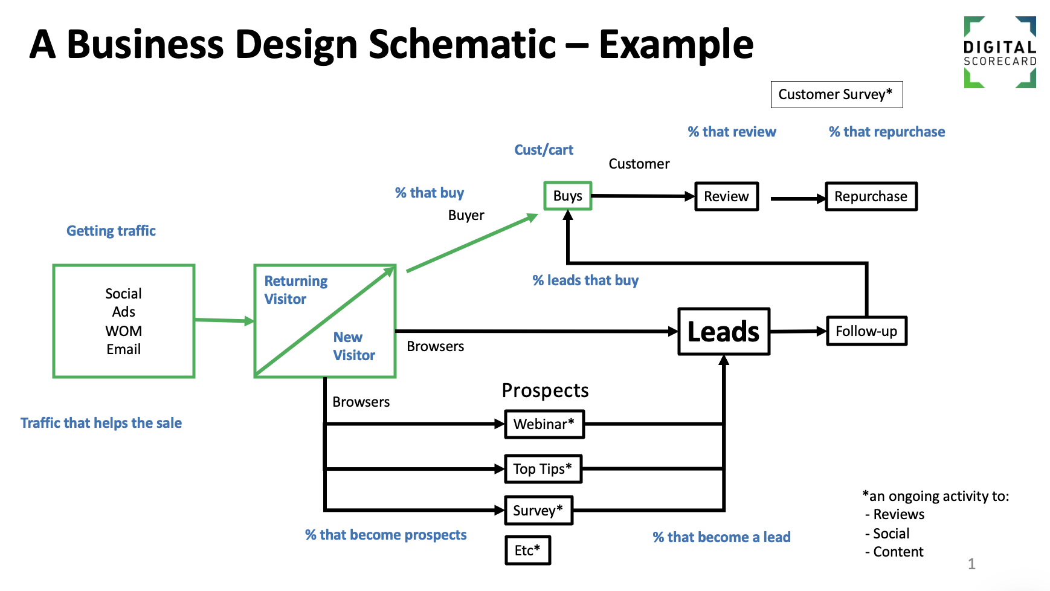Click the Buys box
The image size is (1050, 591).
click(567, 196)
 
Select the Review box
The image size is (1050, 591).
click(726, 196)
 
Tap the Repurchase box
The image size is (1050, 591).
click(871, 196)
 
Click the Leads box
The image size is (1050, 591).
click(724, 331)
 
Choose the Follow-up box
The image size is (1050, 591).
click(866, 331)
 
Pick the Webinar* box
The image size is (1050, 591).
click(544, 424)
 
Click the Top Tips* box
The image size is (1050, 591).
click(543, 469)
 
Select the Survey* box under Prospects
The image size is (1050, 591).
click(538, 511)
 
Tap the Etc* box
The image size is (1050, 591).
click(528, 551)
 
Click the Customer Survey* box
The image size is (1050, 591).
click(837, 94)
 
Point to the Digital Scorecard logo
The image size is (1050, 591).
click(1000, 53)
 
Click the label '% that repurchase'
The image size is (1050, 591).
click(887, 132)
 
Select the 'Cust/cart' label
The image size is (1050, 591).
click(544, 150)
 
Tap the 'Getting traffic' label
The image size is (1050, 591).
click(111, 231)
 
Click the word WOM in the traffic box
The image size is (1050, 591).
click(124, 331)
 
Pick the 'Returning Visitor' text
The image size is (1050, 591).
click(296, 290)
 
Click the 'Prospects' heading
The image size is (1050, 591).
click(545, 391)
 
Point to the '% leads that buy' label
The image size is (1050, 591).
click(585, 280)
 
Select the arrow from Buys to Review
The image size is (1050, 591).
click(643, 196)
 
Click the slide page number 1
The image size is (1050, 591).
click(971, 564)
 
